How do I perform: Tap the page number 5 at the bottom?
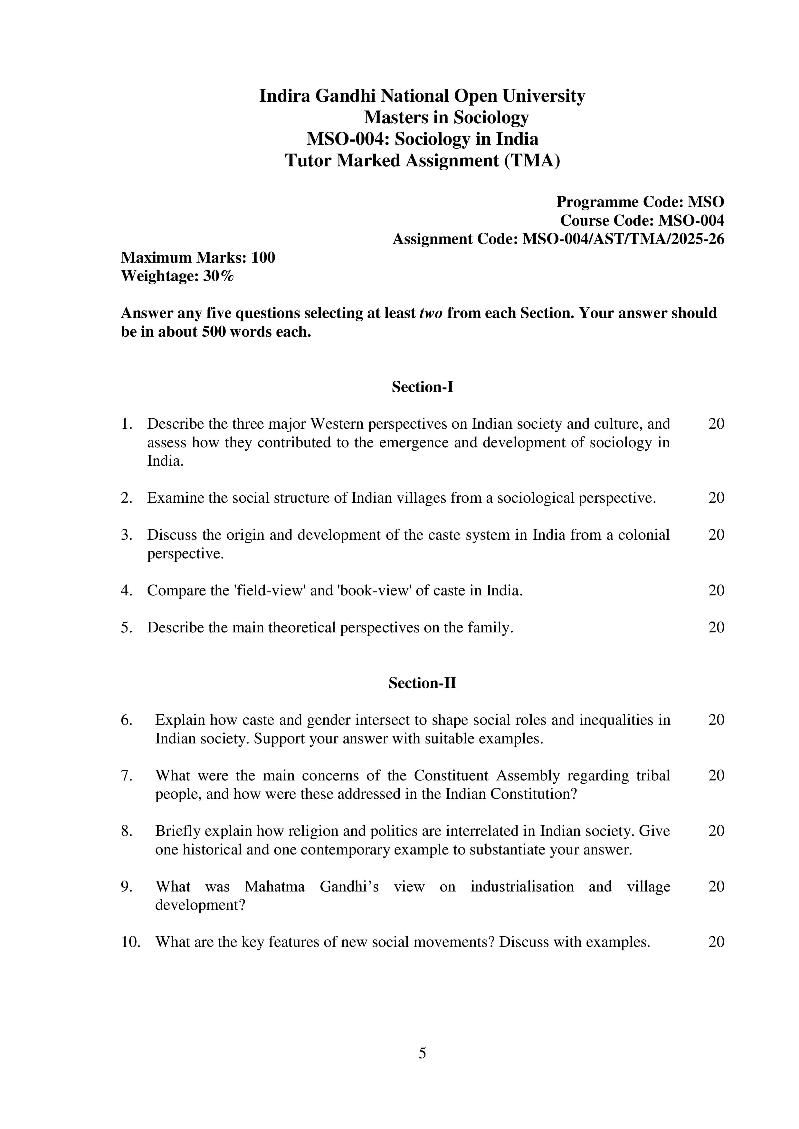tap(422, 1053)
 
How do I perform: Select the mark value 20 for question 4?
tap(716, 590)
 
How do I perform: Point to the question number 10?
tap(130, 942)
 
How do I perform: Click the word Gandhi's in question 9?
tap(349, 887)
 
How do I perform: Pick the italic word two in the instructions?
tap(431, 313)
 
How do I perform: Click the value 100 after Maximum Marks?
tap(263, 258)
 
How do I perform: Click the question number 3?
tap(127, 535)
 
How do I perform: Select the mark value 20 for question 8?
tap(716, 831)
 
